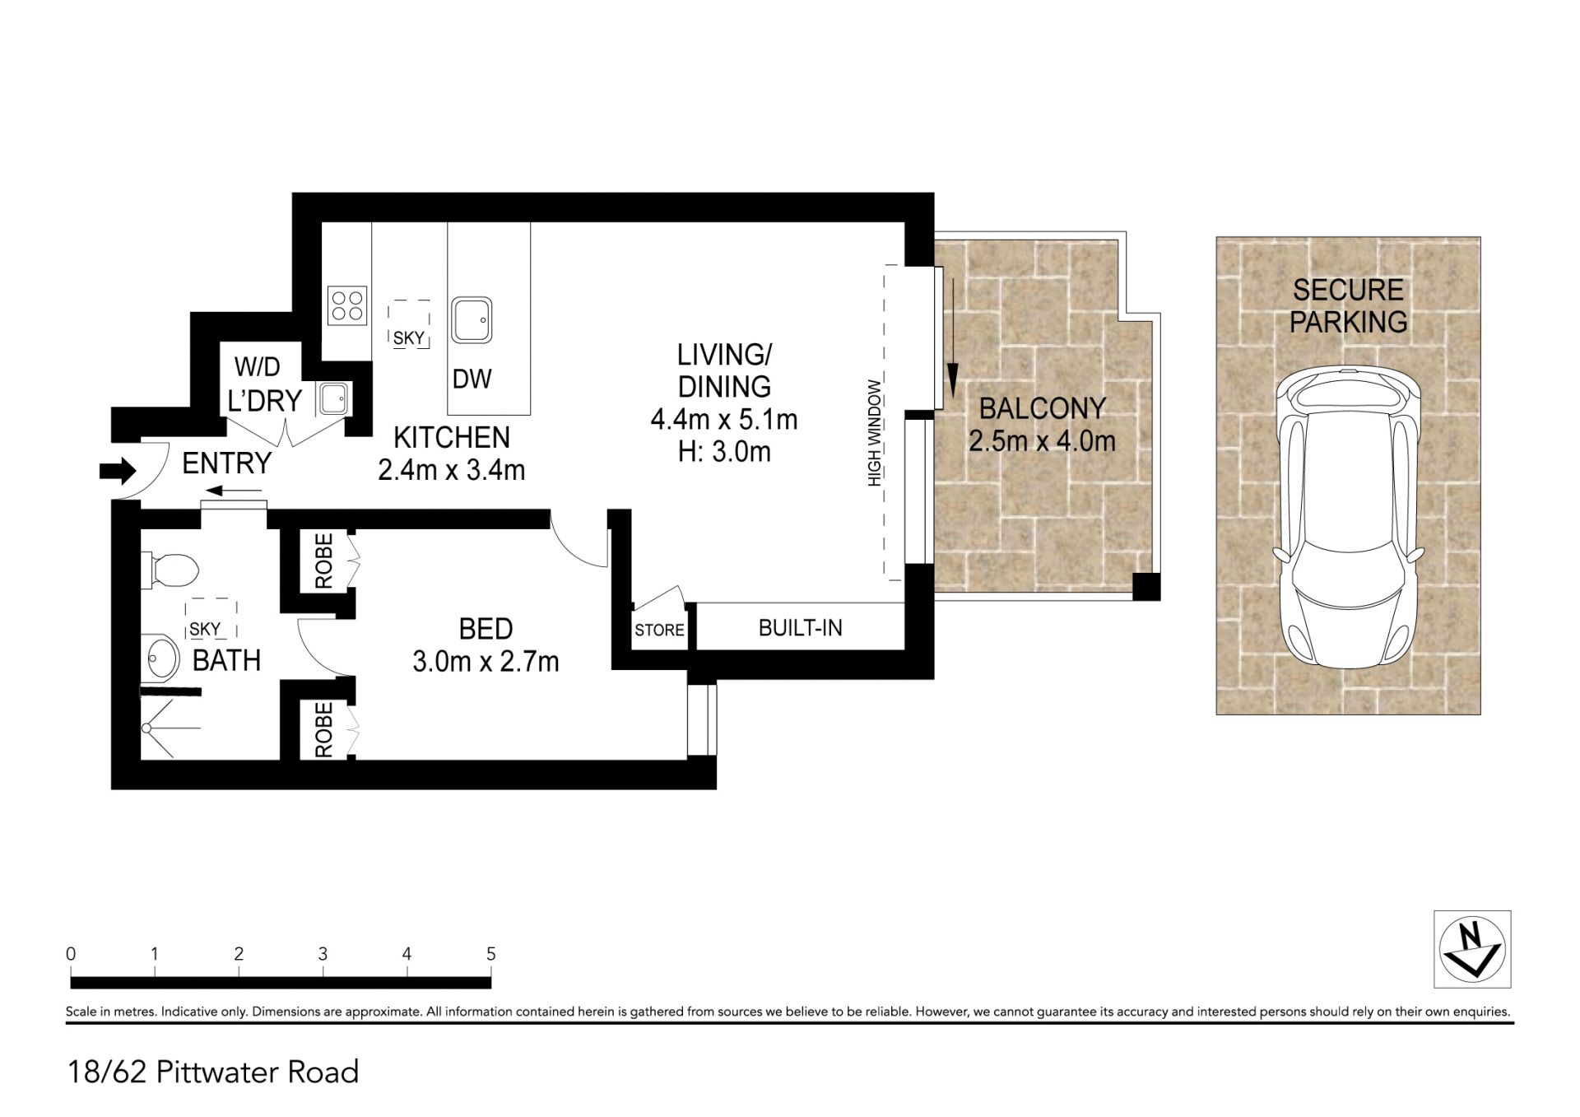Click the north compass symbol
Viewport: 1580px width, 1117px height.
1472,948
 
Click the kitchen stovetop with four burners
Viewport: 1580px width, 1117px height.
347,305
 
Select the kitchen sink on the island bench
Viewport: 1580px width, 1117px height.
472,320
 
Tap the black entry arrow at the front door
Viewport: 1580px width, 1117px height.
118,471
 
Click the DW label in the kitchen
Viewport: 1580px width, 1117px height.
472,379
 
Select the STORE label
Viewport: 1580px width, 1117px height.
659,631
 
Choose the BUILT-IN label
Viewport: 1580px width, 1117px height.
800,628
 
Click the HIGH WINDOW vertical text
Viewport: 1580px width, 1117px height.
874,433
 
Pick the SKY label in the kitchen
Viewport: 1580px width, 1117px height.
409,338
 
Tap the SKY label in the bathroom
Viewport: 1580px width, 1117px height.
205,630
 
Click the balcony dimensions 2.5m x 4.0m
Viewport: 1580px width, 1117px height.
1042,441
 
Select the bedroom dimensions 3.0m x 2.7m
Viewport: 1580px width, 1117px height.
486,661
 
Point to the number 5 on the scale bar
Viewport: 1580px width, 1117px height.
491,954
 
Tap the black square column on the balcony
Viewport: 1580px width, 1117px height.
1146,587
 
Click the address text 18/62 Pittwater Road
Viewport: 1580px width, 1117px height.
213,1072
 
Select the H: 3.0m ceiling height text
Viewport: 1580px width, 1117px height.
724,452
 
